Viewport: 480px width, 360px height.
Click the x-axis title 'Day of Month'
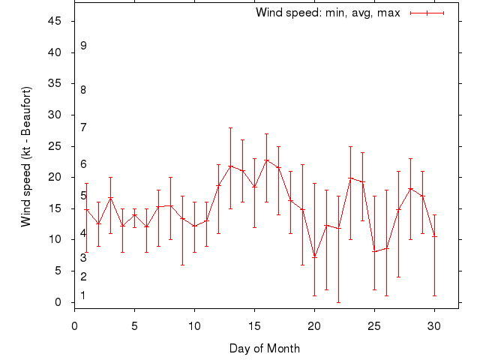pyautogui.click(x=265, y=348)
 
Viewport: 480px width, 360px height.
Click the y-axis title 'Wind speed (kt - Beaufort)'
pyautogui.click(x=26, y=157)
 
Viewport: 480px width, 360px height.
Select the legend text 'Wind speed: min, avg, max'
pyautogui.click(x=328, y=13)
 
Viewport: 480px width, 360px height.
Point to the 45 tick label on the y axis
pyautogui.click(x=55, y=21)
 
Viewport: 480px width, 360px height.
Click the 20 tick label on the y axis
pyautogui.click(x=55, y=177)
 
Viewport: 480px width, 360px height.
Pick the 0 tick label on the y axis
pyautogui.click(x=58, y=302)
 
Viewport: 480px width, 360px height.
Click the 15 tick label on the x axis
pyautogui.click(x=254, y=325)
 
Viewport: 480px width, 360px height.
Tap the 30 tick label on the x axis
pyautogui.click(x=434, y=325)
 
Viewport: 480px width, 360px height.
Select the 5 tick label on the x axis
pyautogui.click(x=134, y=325)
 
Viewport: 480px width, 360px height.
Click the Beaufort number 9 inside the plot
pyautogui.click(x=83, y=46)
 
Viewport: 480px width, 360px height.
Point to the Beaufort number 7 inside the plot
pyautogui.click(x=83, y=127)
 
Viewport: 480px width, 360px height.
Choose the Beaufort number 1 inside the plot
pyautogui.click(x=83, y=295)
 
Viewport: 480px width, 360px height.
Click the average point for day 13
pyautogui.click(x=230, y=166)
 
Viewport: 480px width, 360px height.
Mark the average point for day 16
pyautogui.click(x=266, y=160)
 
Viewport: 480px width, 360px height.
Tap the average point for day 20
pyautogui.click(x=314, y=257)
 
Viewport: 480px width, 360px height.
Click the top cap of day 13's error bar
pyautogui.click(x=230, y=127)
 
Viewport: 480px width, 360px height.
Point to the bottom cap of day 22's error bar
pyautogui.click(x=338, y=302)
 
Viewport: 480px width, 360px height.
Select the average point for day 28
pyautogui.click(x=410, y=188)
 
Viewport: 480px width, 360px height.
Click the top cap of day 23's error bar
pyautogui.click(x=350, y=146)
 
